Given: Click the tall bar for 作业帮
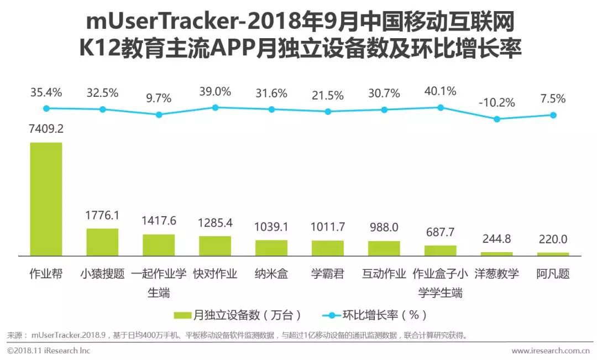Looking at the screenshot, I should pyautogui.click(x=46, y=199).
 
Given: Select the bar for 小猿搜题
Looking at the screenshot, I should pyautogui.click(x=102, y=242).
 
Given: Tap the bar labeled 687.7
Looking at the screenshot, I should pyautogui.click(x=441, y=251).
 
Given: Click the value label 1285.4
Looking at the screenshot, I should pyautogui.click(x=215, y=223).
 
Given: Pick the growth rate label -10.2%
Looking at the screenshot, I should pyautogui.click(x=496, y=103).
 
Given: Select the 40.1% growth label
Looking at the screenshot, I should pyautogui.click(x=441, y=91).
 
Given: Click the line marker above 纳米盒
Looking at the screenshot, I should pyautogui.click(x=271, y=109).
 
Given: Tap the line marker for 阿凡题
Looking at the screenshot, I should pyautogui.click(x=553, y=115).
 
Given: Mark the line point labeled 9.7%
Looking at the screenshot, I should pyautogui.click(x=159, y=114).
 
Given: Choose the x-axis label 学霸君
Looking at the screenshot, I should pyautogui.click(x=328, y=274).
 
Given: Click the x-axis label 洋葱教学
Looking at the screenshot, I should pyautogui.click(x=496, y=274).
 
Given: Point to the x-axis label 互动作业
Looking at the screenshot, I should pyautogui.click(x=384, y=274).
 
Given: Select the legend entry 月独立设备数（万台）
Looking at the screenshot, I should pyautogui.click(x=238, y=315).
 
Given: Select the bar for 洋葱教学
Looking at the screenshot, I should pyautogui.click(x=496, y=254).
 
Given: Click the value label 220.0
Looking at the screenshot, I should pyautogui.click(x=553, y=240).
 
